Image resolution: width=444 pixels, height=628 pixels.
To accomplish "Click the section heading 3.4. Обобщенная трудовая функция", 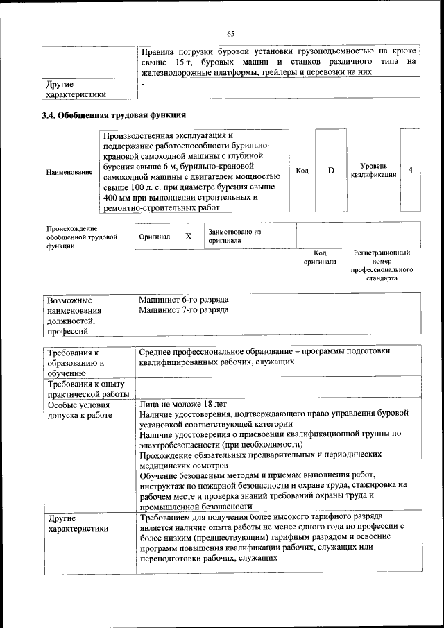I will click(114, 114).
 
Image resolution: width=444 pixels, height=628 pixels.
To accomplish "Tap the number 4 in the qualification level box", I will click(411, 170).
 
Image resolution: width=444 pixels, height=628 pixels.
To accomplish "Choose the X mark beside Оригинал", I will click(188, 236).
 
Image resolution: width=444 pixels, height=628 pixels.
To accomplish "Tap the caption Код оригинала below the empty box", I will click(319, 257).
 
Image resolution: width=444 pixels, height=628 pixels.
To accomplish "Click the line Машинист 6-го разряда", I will click(183, 300).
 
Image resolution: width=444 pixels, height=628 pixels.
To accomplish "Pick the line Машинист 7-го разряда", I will click(183, 310).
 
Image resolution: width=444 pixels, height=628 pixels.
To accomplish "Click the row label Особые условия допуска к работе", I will click(76, 409).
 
